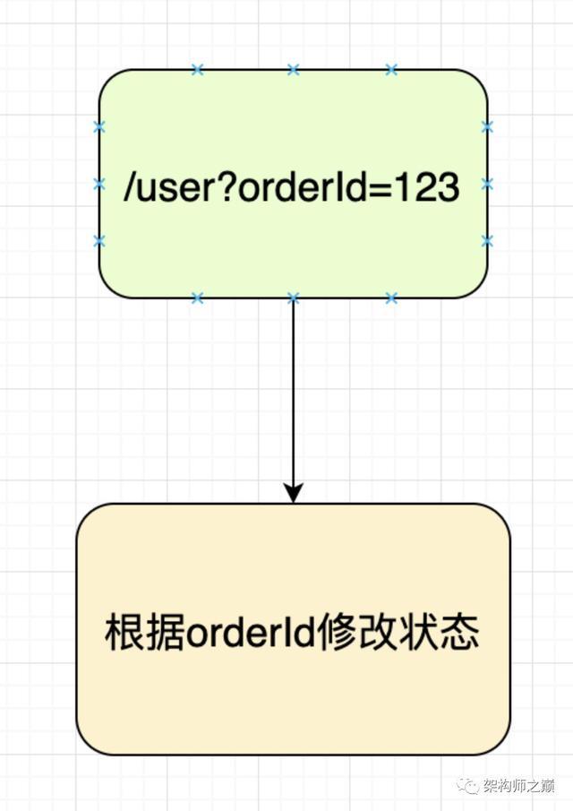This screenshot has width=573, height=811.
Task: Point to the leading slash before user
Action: click(x=131, y=188)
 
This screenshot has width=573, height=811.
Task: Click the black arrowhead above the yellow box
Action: click(x=293, y=493)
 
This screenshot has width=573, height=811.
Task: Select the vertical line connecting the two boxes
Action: click(x=293, y=394)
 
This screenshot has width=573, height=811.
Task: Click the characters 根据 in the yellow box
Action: click(x=144, y=633)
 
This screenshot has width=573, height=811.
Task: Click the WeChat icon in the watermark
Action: click(x=467, y=786)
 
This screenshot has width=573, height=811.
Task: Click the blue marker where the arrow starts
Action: click(x=293, y=298)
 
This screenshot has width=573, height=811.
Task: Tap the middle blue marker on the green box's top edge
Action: click(x=293, y=69)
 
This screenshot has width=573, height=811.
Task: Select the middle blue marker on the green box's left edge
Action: click(x=99, y=184)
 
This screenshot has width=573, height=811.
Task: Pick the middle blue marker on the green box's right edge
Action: click(x=487, y=184)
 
